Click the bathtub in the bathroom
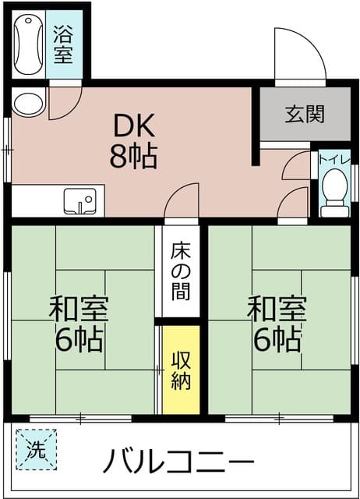pos(28,44)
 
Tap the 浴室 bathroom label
pos(63,44)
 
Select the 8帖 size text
pos(134,156)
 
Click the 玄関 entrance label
pos(305,114)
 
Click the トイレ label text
pos(334,158)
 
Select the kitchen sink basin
pos(79,201)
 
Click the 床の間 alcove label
pos(181,271)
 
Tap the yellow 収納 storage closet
pos(181,370)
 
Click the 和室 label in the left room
pos(79,309)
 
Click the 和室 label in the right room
pos(277,309)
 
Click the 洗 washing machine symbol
pos(37,450)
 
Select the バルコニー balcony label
pos(178,461)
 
